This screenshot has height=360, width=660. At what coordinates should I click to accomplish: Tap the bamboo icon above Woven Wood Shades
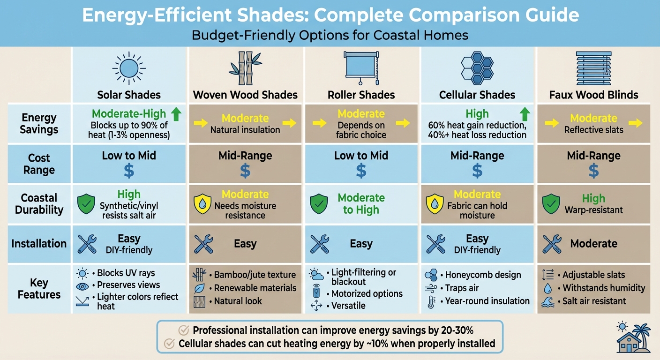point(245,68)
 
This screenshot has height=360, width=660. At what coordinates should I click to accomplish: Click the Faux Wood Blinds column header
point(593,95)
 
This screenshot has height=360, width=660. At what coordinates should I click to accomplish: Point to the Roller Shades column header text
point(361,95)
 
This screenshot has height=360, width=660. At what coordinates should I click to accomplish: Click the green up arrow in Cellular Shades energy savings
point(525,114)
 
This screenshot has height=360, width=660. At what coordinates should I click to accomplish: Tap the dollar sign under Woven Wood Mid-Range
point(245,171)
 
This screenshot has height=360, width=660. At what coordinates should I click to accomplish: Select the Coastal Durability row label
point(39,204)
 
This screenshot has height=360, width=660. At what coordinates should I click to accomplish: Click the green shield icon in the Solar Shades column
point(86,205)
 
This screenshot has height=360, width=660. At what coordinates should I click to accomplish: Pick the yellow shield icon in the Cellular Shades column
point(435,205)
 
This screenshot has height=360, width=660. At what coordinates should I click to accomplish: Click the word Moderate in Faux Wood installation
point(593,244)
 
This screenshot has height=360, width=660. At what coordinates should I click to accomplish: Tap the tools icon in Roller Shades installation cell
point(320,244)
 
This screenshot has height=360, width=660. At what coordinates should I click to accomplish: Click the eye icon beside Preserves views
point(82,285)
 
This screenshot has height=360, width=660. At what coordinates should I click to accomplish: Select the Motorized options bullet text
point(367,294)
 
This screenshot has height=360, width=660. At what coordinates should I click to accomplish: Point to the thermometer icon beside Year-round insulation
point(431,301)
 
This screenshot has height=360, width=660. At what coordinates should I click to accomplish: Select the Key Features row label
point(39,289)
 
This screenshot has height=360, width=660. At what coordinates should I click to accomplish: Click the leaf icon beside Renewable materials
point(200,288)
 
